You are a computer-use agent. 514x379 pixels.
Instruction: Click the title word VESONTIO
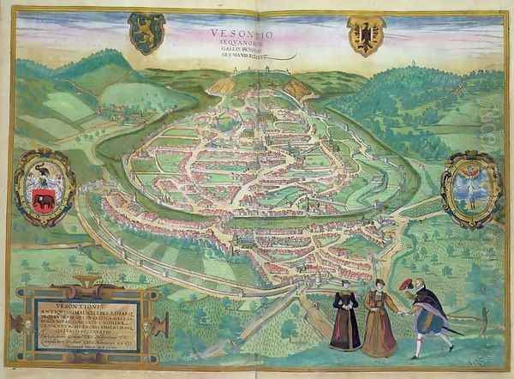click(236, 35)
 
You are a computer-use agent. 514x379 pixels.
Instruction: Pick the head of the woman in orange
click(376, 286)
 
